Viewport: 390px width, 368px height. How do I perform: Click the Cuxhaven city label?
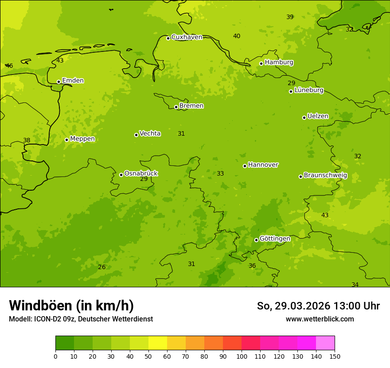pos(187,37)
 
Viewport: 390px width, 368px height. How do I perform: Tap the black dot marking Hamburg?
pos(261,63)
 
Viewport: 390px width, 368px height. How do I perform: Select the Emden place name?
pos(73,81)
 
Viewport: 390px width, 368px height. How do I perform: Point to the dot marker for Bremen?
pos(176,107)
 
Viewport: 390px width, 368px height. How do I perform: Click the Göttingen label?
pos(275,239)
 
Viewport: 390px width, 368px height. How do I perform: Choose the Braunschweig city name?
pos(325,176)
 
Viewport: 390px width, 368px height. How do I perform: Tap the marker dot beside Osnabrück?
pos(121,175)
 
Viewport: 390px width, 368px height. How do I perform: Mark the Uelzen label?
pos(318,117)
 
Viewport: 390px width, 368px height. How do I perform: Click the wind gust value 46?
pos(9,66)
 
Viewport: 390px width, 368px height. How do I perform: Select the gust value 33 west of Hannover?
pos(220,174)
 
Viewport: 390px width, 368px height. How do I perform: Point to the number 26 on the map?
pos(102,267)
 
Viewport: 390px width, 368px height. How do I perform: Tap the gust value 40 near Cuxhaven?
pos(237,36)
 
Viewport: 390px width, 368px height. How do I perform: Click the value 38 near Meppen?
pos(27,141)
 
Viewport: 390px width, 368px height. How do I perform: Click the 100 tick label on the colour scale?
pos(242,356)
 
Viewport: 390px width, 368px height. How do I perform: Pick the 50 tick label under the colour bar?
pos(148,356)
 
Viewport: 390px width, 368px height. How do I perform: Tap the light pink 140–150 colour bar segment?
pos(325,343)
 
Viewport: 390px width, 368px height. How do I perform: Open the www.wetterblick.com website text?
pos(320,319)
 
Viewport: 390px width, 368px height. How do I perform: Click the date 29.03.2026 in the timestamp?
pos(302,306)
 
